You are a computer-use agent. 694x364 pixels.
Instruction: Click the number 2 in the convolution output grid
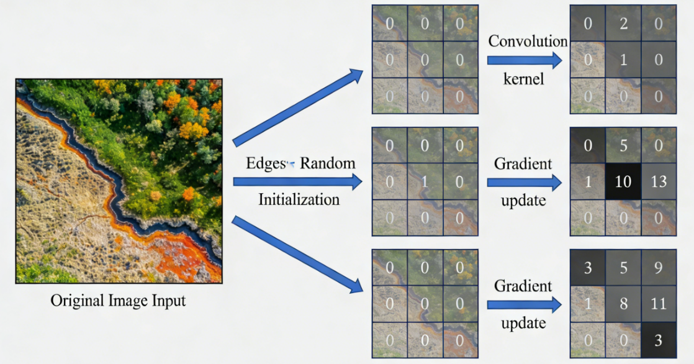tap(623, 24)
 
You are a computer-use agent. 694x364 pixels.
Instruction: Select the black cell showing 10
tap(623, 182)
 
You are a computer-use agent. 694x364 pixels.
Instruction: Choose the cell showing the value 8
tap(623, 304)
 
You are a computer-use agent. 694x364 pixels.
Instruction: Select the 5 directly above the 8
tap(623, 268)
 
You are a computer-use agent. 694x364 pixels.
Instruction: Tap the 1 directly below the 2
tap(623, 60)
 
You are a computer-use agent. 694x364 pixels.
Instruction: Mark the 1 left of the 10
tap(587, 182)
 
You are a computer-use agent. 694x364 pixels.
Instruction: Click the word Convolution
tap(528, 42)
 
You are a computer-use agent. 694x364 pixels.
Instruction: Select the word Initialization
tap(299, 199)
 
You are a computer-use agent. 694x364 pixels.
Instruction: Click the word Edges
tap(266, 163)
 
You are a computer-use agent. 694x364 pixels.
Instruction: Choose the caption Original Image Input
tap(118, 301)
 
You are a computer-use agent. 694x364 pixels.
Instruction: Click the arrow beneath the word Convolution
tap(525, 60)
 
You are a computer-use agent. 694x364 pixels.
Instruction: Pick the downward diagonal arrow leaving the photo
tap(298, 255)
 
